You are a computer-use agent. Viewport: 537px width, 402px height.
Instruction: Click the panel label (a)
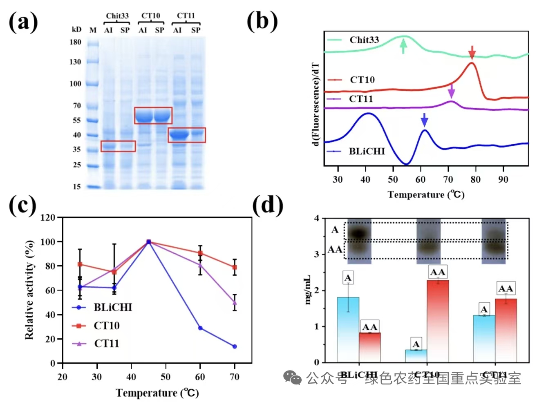pos(23,22)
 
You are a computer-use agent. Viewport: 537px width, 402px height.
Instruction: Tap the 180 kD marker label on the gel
pos(75,42)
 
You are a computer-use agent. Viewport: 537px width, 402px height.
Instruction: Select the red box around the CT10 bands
pos(153,116)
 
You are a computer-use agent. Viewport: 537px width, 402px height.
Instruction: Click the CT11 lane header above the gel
pos(186,16)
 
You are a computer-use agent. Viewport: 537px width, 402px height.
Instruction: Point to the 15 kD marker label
pos(77,187)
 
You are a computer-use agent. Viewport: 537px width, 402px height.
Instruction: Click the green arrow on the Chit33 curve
pos(403,46)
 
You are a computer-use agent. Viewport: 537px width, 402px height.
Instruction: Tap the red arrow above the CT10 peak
pos(472,52)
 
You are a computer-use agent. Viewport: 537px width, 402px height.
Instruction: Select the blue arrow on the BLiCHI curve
pos(424,120)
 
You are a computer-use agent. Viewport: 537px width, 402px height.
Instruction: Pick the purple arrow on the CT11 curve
pos(451,91)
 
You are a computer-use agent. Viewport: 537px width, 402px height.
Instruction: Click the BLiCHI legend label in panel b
pos(367,152)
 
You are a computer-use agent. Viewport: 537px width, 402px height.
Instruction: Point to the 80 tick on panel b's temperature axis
pos(475,179)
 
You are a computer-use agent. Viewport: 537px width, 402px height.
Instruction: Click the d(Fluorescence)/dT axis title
pos(315,104)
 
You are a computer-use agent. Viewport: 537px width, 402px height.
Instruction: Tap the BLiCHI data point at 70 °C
pos(235,346)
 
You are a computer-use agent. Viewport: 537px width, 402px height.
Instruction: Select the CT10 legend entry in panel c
pos(106,326)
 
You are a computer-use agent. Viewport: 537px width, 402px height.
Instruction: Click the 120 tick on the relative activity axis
pos(48,218)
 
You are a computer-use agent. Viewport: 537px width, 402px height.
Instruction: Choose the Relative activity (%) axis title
pos(29,290)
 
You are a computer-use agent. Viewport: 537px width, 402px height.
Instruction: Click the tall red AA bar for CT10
pos(438,321)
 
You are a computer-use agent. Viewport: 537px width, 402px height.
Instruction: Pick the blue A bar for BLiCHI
pos(348,329)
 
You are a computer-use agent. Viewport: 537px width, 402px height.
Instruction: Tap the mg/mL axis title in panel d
pos(308,290)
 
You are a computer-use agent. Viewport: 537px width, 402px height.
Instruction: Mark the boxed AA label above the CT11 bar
pos(506,289)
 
